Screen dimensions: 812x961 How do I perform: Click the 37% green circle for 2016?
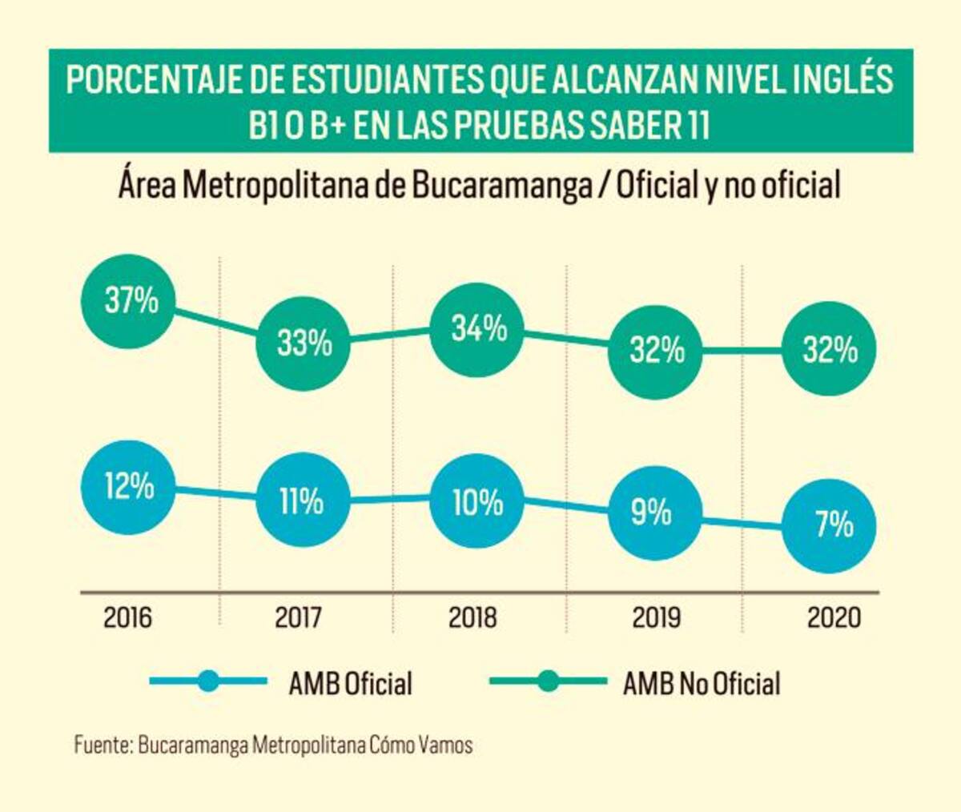(x=130, y=303)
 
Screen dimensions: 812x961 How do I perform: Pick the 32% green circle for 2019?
(x=656, y=350)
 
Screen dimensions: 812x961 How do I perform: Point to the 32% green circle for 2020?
(x=830, y=350)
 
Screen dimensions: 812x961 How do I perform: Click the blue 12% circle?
(x=130, y=486)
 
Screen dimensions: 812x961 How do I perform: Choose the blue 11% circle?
(x=304, y=501)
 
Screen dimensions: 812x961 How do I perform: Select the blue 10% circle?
(x=478, y=501)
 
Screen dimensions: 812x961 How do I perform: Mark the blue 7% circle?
(x=830, y=526)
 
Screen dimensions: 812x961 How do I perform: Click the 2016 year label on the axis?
(x=127, y=618)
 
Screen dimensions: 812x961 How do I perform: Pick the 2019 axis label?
(x=656, y=618)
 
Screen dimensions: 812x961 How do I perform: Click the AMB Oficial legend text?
(x=351, y=683)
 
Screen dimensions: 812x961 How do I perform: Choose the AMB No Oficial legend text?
(x=701, y=683)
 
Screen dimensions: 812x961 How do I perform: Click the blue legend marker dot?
(x=209, y=681)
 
